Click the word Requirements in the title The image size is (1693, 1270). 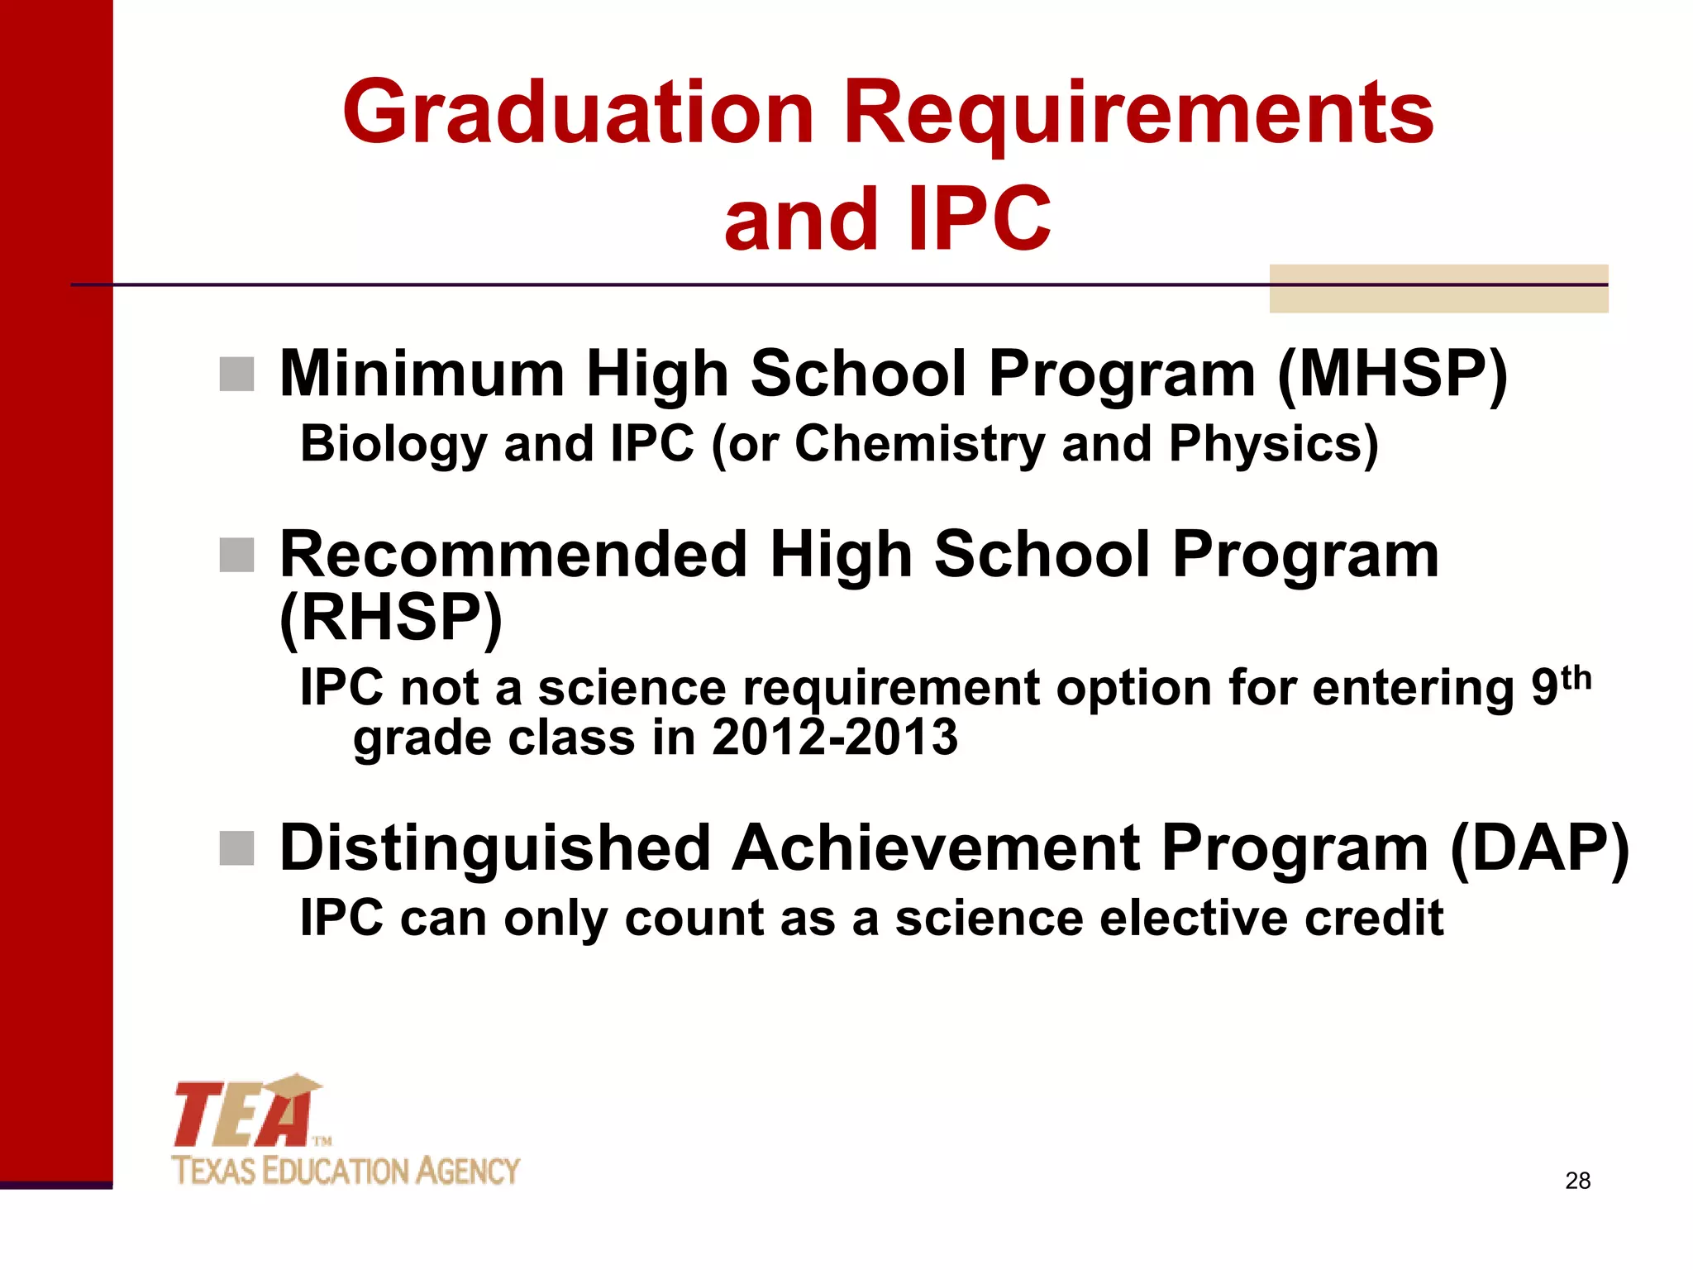coord(1137,112)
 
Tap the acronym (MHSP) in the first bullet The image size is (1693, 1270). coord(1393,374)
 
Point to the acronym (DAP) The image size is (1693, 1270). coord(1539,848)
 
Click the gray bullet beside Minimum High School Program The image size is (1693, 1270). coord(236,375)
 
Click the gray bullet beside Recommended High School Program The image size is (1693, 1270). coord(236,555)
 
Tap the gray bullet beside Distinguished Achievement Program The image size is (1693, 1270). coord(236,848)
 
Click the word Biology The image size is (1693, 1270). coord(393,444)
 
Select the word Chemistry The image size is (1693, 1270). coord(919,444)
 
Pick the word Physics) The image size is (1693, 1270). coord(1273,444)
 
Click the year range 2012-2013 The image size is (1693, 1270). coord(834,737)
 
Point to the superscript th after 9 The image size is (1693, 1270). coord(1576,677)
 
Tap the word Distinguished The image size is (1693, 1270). coord(495,848)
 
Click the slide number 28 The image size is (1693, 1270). coord(1577,1181)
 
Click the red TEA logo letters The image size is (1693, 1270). coord(244,1114)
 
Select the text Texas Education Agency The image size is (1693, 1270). coord(346,1171)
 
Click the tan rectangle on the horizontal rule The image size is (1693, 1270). coord(1438,289)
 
